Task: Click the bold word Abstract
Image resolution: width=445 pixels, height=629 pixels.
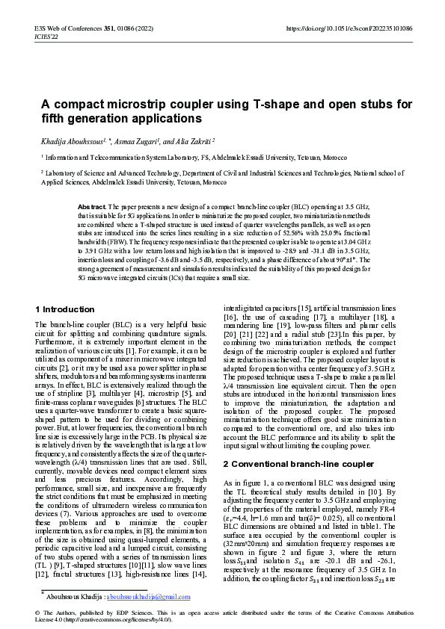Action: [x=91, y=205]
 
